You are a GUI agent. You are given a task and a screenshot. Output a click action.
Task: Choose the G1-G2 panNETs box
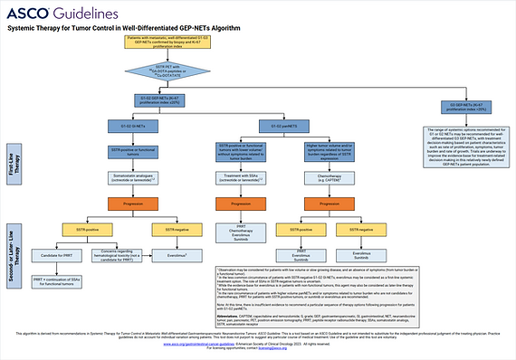[x=282, y=125]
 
